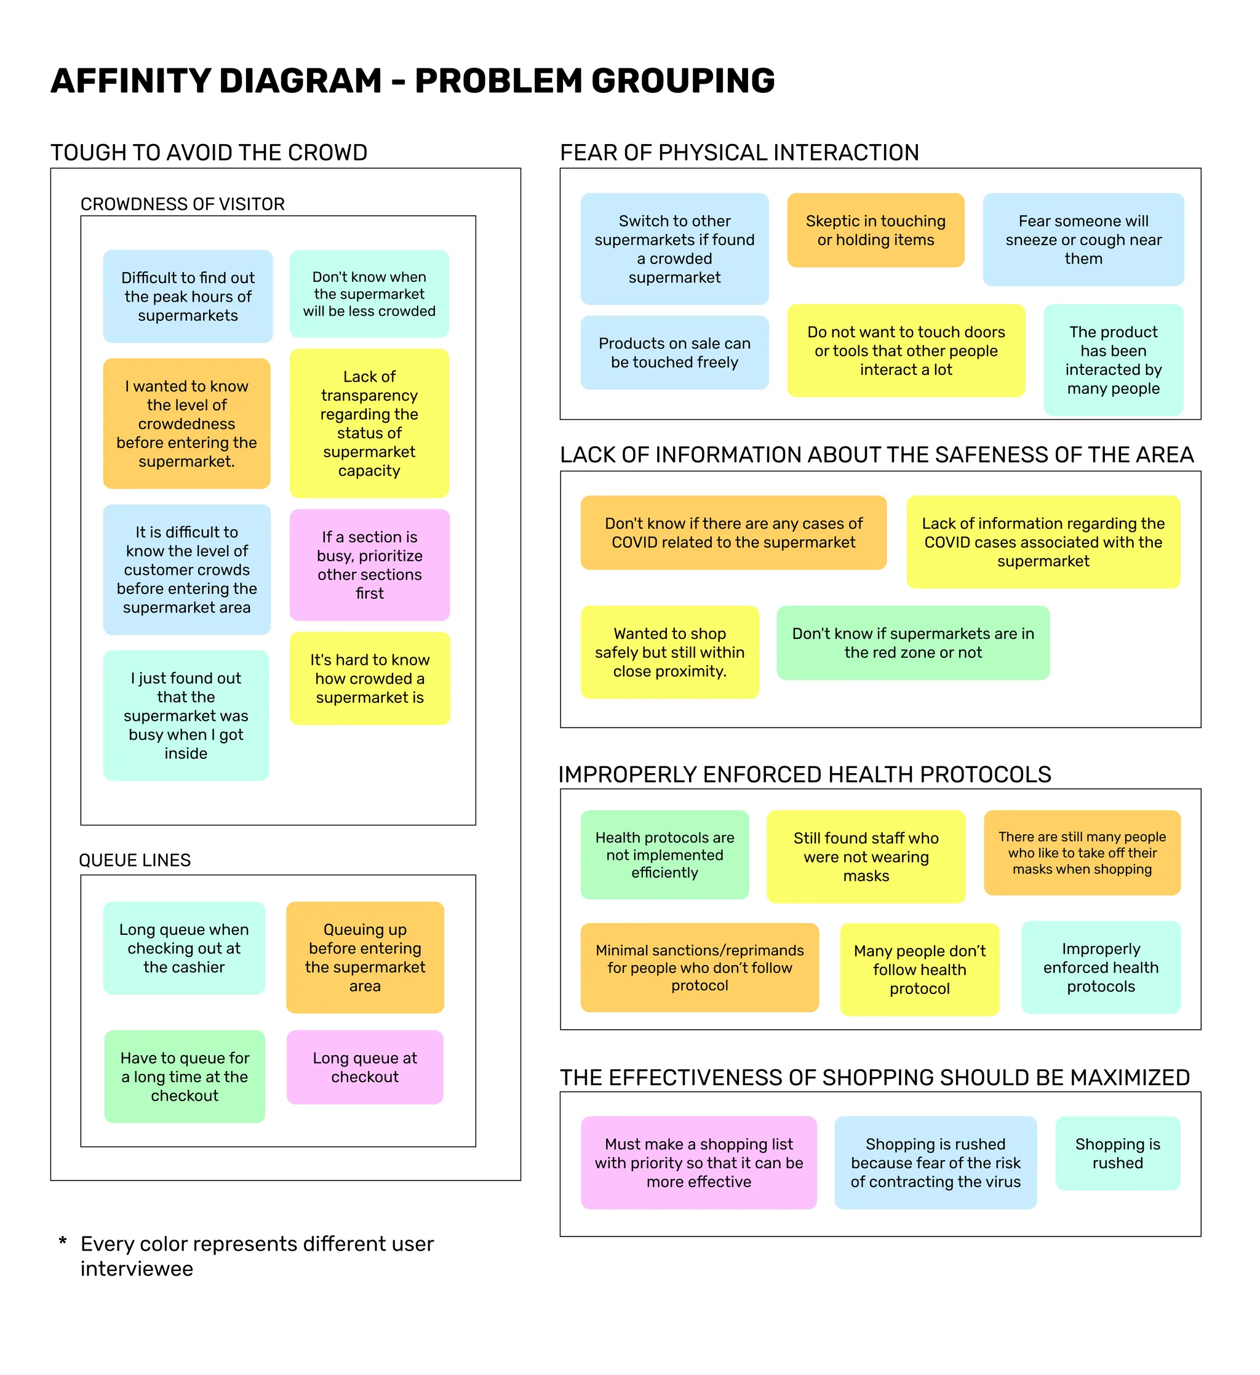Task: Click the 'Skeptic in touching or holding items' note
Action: point(875,231)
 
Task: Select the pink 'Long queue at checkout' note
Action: point(365,1067)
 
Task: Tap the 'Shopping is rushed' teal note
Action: point(1117,1153)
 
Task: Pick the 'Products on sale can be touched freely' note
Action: point(674,353)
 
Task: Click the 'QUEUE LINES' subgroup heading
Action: point(135,860)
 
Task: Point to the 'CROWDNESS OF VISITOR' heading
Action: point(183,204)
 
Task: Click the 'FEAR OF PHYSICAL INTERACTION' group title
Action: point(739,152)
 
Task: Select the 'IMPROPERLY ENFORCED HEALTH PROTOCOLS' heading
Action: point(805,775)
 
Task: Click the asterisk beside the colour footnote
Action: point(63,1242)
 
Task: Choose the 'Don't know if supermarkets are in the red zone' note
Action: point(913,643)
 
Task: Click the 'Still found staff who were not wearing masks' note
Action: point(866,857)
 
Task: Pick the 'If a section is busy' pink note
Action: point(370,565)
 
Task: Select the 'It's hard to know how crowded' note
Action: point(370,679)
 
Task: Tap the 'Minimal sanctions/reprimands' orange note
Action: point(700,967)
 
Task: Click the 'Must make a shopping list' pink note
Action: point(699,1163)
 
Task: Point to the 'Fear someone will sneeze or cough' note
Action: point(1083,239)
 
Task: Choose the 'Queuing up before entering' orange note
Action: point(365,958)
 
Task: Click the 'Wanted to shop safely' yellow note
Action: point(669,652)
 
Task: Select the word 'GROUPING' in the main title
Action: point(683,81)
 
